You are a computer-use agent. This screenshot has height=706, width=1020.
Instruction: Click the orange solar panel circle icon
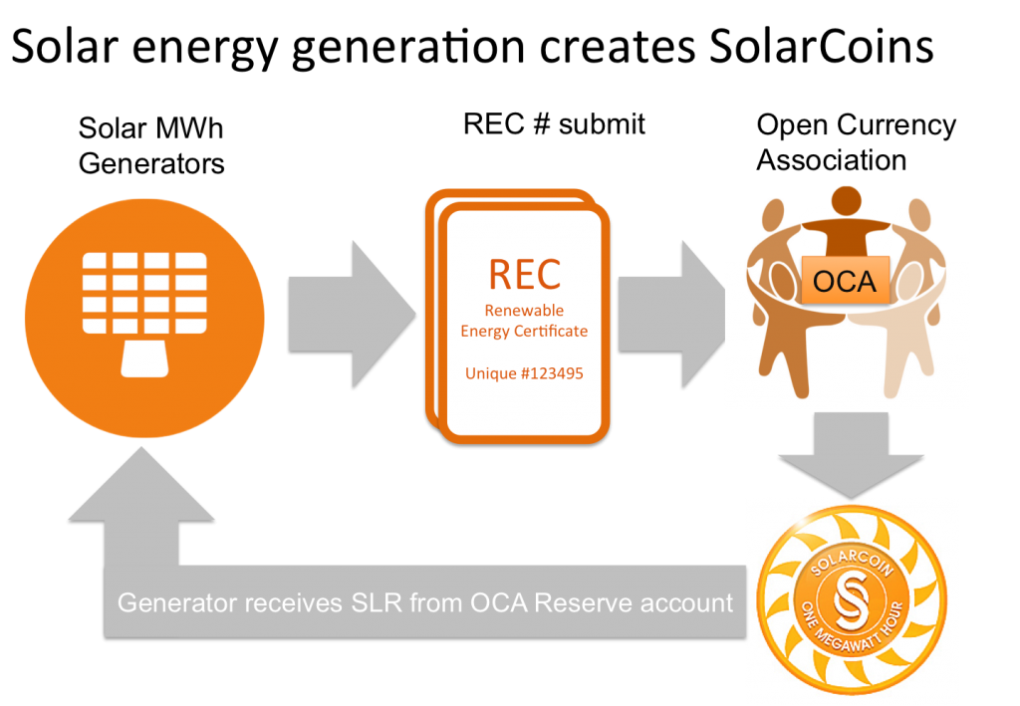[x=144, y=319]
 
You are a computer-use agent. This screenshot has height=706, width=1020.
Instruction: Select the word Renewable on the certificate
[x=524, y=311]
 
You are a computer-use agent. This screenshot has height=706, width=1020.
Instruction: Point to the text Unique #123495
[x=524, y=373]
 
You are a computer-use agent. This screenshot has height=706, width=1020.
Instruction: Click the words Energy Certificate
[x=524, y=331]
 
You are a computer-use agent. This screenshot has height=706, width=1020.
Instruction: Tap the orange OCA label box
[x=844, y=282]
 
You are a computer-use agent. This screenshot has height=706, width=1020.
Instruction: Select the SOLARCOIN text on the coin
[x=852, y=558]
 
